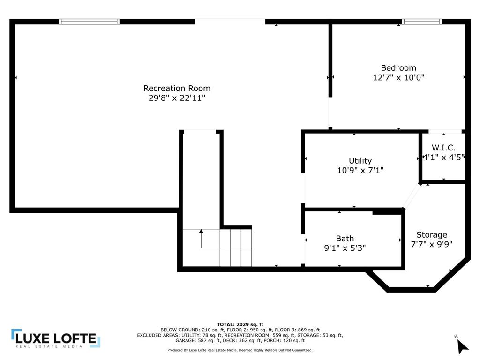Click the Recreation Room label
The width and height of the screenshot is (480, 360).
click(x=177, y=89)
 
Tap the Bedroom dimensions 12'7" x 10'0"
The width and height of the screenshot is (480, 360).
click(x=398, y=77)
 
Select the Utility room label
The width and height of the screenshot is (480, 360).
click(x=360, y=161)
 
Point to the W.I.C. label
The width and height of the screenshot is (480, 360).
click(x=443, y=148)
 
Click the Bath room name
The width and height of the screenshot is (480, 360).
click(x=345, y=239)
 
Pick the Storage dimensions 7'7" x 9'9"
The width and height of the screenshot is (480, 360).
click(x=432, y=244)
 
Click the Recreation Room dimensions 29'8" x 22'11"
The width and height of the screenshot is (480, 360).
click(x=177, y=98)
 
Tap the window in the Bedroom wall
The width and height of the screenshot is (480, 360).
click(x=421, y=22)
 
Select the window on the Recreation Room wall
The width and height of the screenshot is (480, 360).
click(x=89, y=22)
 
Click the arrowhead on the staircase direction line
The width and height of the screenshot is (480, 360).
click(x=201, y=231)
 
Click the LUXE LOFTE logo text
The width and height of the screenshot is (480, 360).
click(x=56, y=338)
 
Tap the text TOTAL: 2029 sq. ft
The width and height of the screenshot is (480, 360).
click(x=240, y=324)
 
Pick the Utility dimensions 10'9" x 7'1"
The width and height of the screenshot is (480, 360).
click(x=360, y=170)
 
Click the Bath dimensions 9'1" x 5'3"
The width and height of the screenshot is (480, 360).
click(x=345, y=247)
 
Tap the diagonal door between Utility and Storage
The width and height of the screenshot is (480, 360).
click(x=412, y=196)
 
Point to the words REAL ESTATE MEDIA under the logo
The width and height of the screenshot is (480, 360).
click(x=49, y=346)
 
